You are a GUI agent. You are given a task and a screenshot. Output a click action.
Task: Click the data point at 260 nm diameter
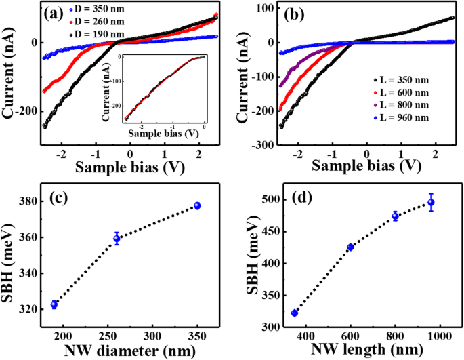(117, 239)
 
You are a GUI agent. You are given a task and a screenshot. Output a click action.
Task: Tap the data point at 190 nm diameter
(54, 305)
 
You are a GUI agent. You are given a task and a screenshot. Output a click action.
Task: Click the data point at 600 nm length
(350, 247)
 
